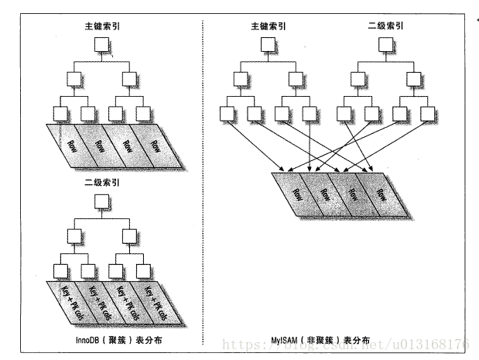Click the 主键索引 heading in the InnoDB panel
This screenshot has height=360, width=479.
point(104,26)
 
